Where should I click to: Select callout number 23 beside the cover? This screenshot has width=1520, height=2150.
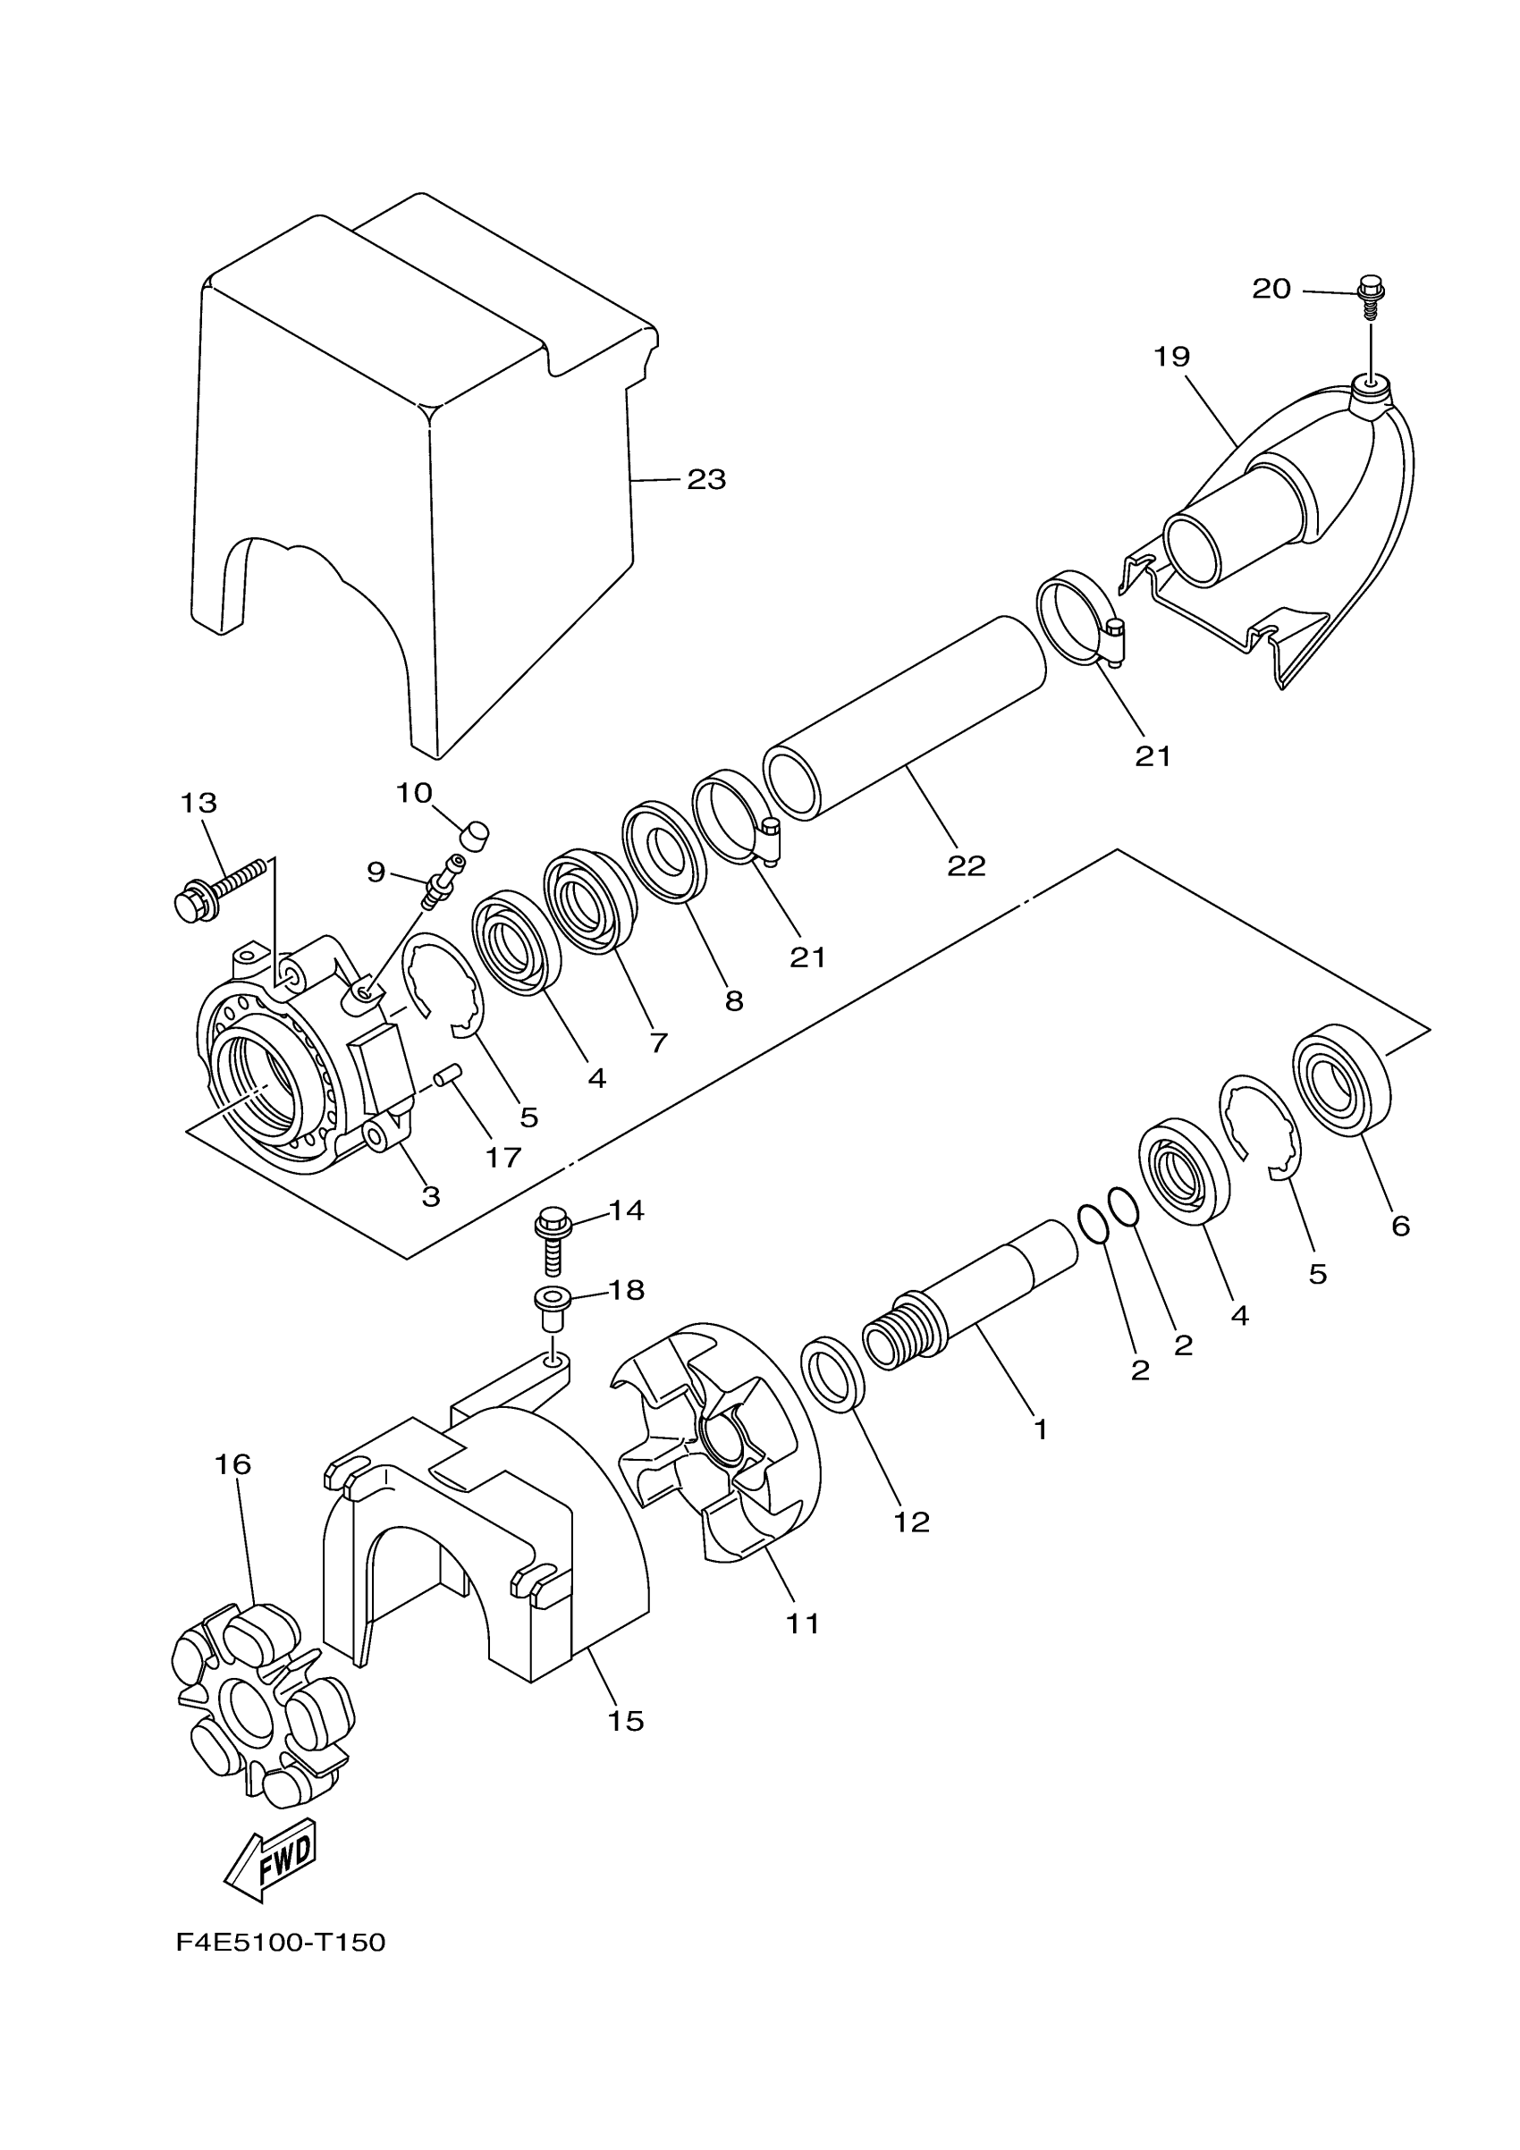click(706, 479)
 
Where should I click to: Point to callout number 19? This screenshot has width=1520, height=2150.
click(1170, 357)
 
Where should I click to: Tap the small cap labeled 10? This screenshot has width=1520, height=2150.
click(476, 832)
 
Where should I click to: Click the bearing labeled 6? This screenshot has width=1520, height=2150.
click(1341, 1084)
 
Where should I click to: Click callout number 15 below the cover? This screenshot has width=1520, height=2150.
click(626, 1720)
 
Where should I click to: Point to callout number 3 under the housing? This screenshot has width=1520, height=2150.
click(431, 1197)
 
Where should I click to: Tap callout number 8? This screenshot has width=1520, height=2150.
click(734, 1001)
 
